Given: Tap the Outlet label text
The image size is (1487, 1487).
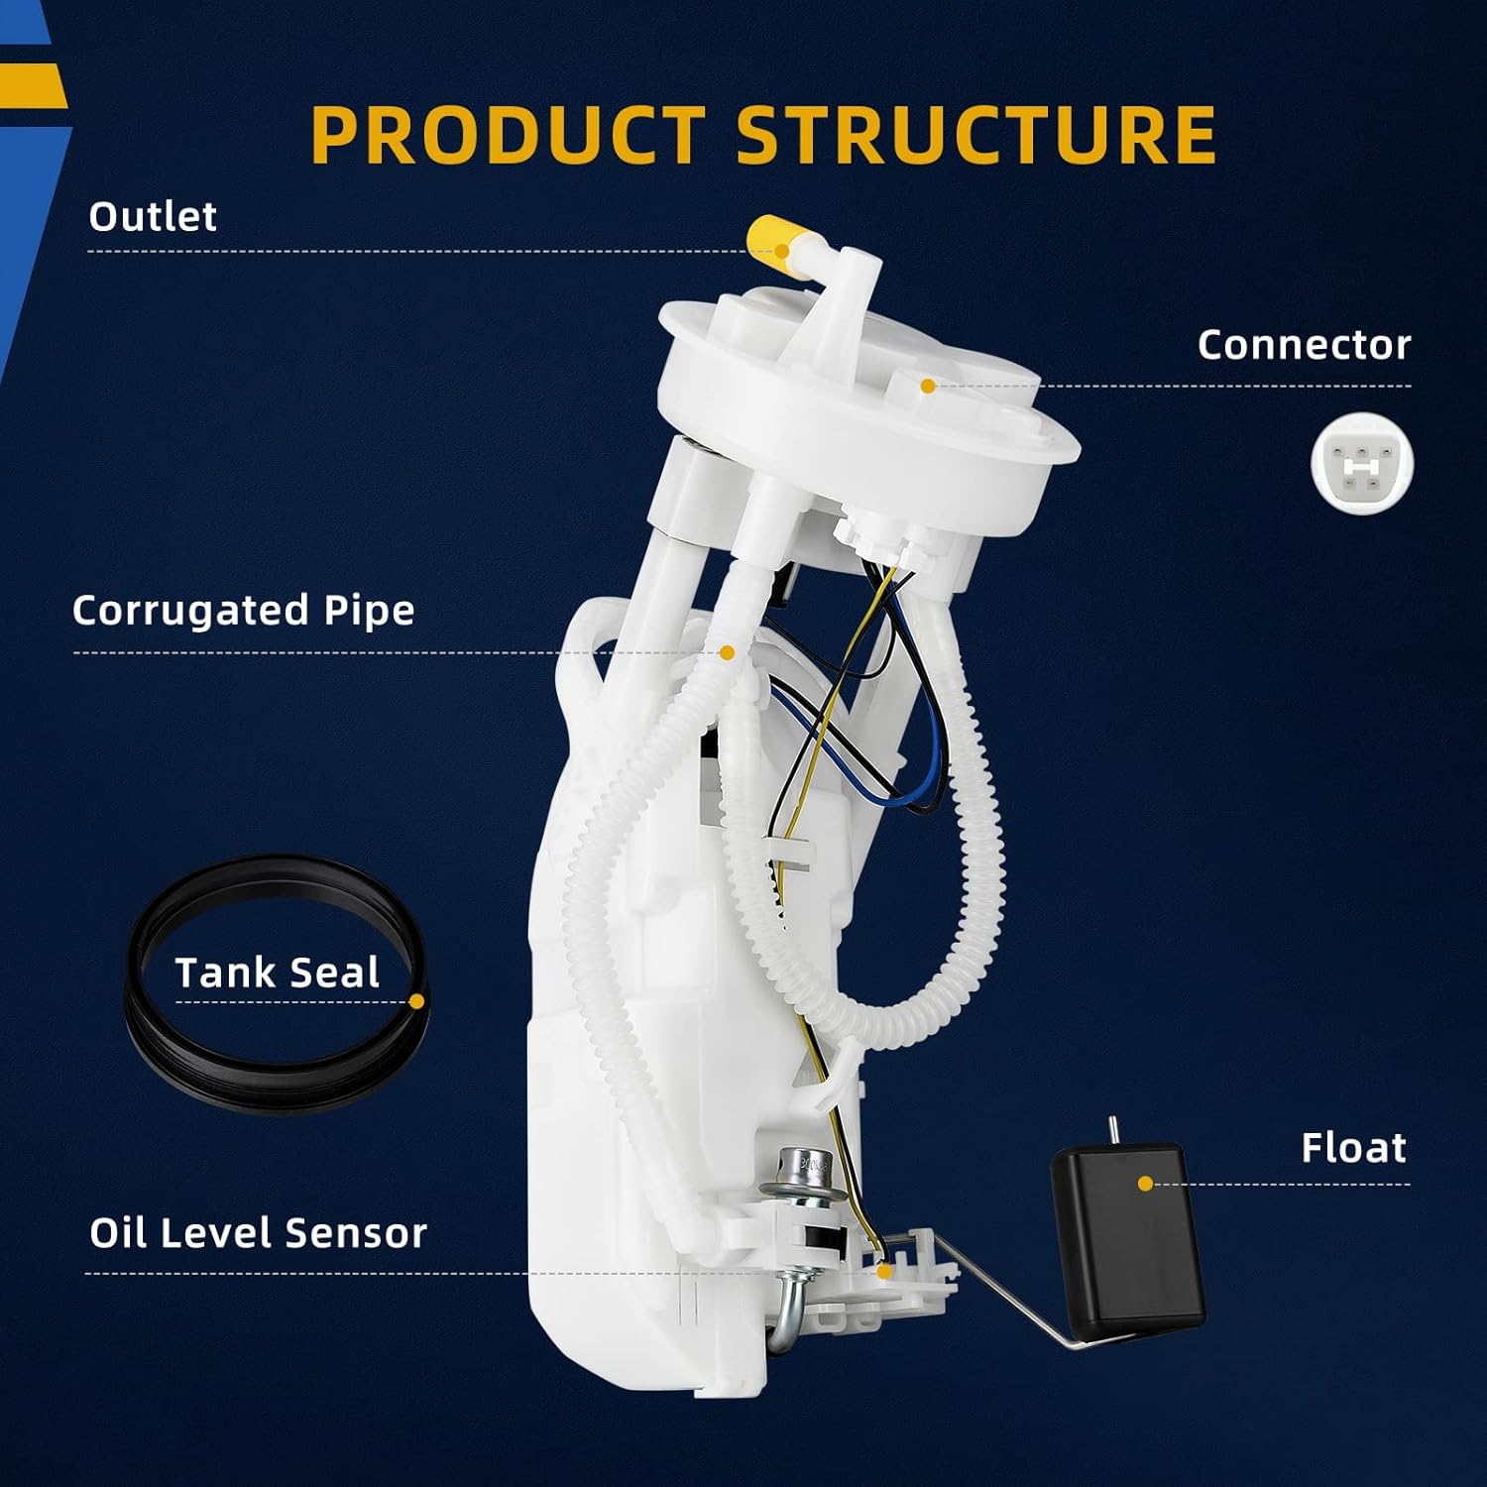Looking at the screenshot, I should click(x=153, y=216).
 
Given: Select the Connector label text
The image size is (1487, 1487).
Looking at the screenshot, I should click(x=1304, y=344).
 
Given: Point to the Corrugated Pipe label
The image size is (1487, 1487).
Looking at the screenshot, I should click(x=243, y=610).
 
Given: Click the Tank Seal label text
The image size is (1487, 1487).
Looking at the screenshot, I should click(x=277, y=972).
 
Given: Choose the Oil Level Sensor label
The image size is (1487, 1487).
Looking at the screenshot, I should click(x=258, y=1232).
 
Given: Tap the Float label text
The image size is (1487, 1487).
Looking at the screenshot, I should click(x=1353, y=1147).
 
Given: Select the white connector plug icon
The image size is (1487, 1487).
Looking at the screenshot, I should click(x=1361, y=464).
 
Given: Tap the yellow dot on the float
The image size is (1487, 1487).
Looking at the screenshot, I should click(x=1145, y=1184).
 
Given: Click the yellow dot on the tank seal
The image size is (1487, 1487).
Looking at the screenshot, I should click(x=416, y=1001).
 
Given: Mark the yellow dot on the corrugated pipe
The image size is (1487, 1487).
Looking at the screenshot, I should click(x=727, y=652).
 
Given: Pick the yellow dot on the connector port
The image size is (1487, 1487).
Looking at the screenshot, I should click(x=927, y=386).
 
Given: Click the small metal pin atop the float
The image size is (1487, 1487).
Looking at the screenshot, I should click(x=1113, y=1130).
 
